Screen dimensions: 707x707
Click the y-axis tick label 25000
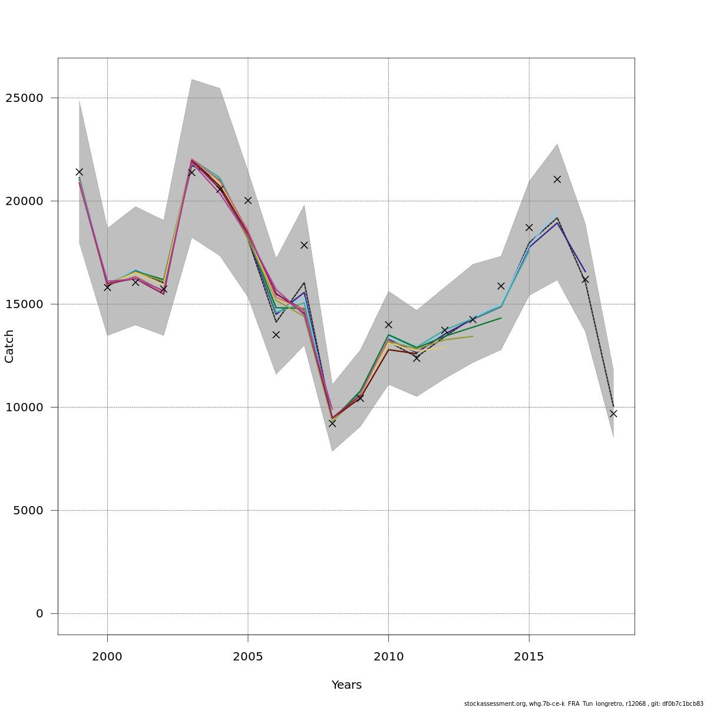click(x=28, y=98)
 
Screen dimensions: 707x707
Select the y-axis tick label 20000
click(x=28, y=201)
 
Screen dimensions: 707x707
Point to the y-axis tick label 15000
click(x=28, y=304)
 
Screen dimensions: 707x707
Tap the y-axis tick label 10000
click(x=28, y=407)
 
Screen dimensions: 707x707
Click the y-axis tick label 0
click(x=39, y=613)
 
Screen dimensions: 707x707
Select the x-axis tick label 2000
click(x=107, y=656)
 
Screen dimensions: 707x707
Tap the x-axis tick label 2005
click(x=248, y=656)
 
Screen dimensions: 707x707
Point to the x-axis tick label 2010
click(x=388, y=656)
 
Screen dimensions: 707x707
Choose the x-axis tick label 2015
click(x=529, y=656)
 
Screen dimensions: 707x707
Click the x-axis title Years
click(x=346, y=685)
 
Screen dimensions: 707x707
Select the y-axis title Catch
click(x=9, y=346)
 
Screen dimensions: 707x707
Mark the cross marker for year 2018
click(x=613, y=414)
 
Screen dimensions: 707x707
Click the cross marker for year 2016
click(x=557, y=179)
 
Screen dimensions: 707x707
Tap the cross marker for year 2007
click(x=304, y=245)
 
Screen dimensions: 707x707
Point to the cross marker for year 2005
click(x=248, y=200)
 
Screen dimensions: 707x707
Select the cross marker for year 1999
click(x=79, y=172)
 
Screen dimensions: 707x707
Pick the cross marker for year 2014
click(x=501, y=286)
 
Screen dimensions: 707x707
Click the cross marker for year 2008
click(x=332, y=423)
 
